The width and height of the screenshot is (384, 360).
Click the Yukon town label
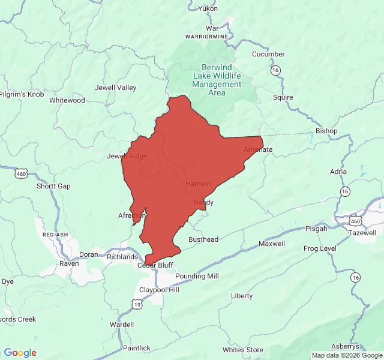tap(208, 8)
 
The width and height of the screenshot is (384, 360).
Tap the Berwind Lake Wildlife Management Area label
tap(217, 80)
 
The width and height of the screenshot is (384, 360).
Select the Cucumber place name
tap(268, 54)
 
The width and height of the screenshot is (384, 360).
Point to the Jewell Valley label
tap(116, 88)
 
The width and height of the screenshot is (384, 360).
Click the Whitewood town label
tap(67, 100)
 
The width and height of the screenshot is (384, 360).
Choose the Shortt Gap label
tap(53, 186)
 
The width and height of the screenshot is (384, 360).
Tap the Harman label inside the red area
tap(198, 183)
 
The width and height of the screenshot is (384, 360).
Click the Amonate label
tap(258, 149)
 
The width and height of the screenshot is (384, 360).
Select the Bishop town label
tap(326, 131)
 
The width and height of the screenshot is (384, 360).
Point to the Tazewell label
tap(362, 232)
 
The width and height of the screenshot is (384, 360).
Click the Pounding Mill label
tap(197, 276)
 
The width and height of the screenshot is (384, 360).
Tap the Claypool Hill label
tap(159, 289)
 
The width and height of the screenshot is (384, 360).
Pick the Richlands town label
tap(122, 257)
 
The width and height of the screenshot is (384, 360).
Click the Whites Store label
tap(243, 350)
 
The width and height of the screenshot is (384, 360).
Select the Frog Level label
tap(320, 248)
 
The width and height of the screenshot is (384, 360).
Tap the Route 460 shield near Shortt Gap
tap(22, 174)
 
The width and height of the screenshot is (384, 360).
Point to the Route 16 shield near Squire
tap(275, 70)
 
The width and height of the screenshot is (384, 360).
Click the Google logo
tap(20, 353)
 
